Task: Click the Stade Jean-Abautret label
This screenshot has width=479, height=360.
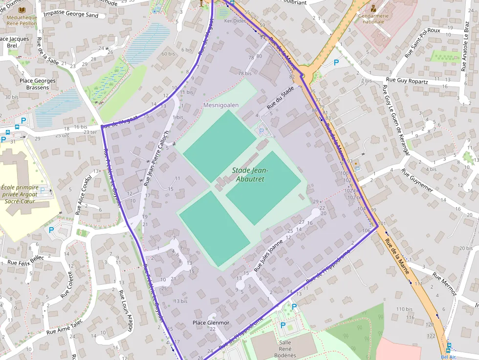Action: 248,175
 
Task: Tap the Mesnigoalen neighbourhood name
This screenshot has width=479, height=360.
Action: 221,105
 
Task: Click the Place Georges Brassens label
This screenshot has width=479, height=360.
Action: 38,84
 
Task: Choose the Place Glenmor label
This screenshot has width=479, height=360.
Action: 211,323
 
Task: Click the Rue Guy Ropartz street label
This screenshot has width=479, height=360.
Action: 407,81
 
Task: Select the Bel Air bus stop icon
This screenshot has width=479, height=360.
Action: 448,349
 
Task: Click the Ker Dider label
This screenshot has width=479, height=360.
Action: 234,21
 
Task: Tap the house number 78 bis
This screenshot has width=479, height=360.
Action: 244,73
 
